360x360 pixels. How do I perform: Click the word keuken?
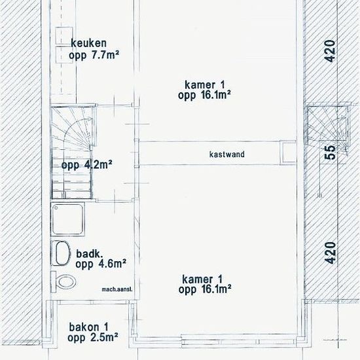(88, 43)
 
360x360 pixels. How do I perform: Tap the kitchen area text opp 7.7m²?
(94, 55)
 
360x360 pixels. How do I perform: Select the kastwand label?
(227, 154)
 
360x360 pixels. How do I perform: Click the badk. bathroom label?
(89, 254)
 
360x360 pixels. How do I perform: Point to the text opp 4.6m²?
(101, 264)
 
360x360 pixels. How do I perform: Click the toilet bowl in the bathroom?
(66, 281)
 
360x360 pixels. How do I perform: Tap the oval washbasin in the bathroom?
(62, 253)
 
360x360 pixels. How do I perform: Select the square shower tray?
(67, 219)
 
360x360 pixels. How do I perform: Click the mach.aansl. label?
(117, 289)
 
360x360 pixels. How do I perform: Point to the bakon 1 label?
(88, 327)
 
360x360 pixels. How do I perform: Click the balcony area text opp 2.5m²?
(93, 338)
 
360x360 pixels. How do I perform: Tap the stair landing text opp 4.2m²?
(86, 164)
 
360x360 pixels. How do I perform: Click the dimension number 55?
(331, 153)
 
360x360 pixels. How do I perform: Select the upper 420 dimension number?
(330, 51)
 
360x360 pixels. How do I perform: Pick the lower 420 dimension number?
(331, 253)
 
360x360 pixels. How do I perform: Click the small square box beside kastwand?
(289, 153)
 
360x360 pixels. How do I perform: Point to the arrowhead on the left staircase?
(90, 119)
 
